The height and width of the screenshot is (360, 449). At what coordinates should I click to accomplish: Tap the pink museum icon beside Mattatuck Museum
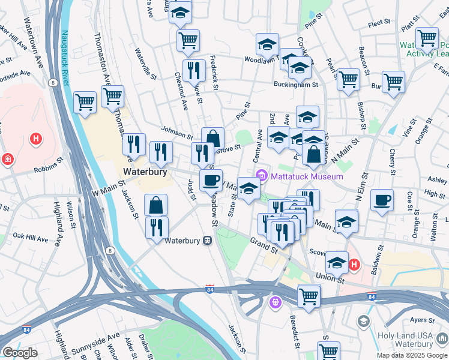[262, 176]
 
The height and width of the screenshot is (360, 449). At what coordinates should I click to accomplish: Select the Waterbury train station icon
[207, 241]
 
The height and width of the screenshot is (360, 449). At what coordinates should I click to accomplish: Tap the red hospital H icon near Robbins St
[36, 140]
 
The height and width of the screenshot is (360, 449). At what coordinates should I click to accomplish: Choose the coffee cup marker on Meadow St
[211, 180]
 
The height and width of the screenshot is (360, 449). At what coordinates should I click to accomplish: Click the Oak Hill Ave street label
[30, 238]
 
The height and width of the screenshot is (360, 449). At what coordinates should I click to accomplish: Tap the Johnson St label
[176, 133]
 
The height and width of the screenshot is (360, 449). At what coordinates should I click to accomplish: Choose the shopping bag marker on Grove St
[212, 139]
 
